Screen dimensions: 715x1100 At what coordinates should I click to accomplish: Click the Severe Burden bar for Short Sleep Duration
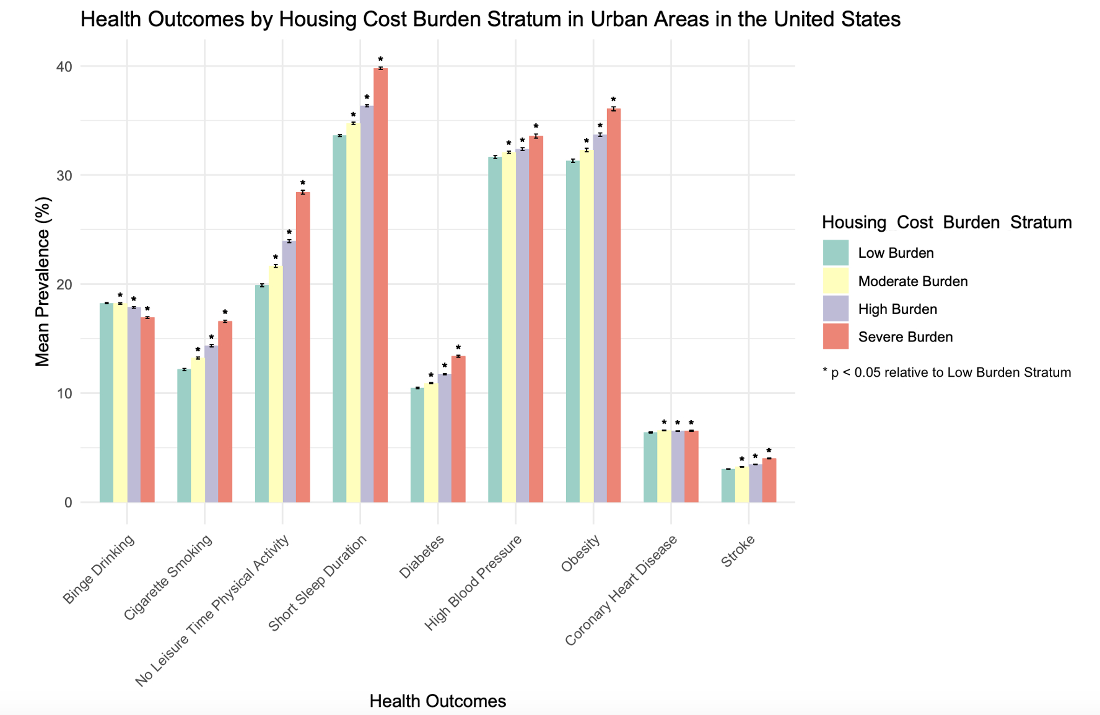381,285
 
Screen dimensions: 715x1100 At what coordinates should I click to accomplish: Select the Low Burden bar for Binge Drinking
107,403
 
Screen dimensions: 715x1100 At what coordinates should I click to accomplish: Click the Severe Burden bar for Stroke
769,480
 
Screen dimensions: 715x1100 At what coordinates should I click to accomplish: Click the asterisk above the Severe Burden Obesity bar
613,100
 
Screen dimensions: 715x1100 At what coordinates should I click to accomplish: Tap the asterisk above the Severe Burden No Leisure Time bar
303,183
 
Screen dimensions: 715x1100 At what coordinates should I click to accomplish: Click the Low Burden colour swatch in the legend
836,253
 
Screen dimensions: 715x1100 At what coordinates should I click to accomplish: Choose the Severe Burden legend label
905,337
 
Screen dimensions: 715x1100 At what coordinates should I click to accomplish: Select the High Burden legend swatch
836,309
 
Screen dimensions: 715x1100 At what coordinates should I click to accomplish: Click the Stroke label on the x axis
739,551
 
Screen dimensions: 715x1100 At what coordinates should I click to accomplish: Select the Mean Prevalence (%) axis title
43,281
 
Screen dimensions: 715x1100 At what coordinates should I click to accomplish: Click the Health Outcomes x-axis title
437,701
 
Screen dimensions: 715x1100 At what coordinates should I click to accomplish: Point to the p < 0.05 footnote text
946,372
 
